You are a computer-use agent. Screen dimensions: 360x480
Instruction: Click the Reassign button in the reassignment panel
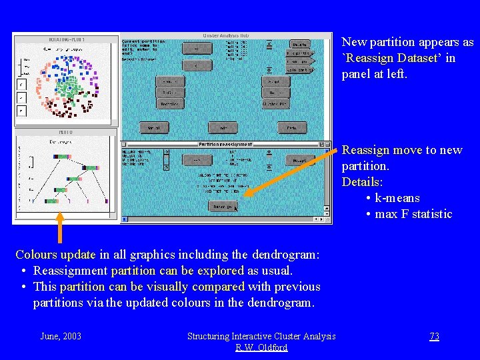[x=223, y=207]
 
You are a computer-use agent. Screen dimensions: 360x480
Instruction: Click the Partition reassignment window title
[x=226, y=144]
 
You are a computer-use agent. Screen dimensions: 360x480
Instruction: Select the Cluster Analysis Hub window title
[x=226, y=35]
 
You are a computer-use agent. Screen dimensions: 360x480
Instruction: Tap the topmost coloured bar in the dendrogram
[x=63, y=156]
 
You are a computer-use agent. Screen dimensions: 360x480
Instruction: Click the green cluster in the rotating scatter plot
[x=65, y=87]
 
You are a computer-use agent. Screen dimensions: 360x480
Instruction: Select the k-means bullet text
[x=397, y=198]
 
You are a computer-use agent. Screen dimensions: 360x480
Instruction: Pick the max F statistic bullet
[x=413, y=214]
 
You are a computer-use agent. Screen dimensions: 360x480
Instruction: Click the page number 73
[x=434, y=336]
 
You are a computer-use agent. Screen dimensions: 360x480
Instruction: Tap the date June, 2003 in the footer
[x=61, y=336]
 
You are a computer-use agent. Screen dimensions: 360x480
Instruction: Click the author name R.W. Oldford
[x=261, y=347]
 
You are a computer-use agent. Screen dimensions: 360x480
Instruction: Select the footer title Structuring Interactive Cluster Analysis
[x=261, y=336]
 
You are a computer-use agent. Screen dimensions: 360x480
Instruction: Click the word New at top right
[x=354, y=42]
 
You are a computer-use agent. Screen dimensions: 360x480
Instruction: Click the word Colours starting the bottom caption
[x=36, y=255]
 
